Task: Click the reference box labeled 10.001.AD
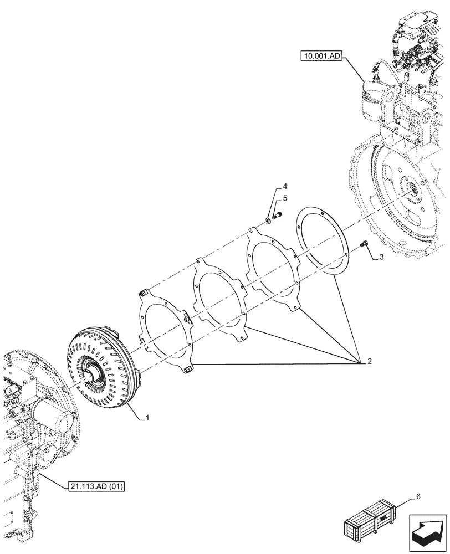click(x=322, y=55)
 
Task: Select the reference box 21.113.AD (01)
click(x=98, y=486)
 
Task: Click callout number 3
click(x=381, y=259)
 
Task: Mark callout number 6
click(x=418, y=497)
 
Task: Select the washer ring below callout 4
click(x=268, y=221)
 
